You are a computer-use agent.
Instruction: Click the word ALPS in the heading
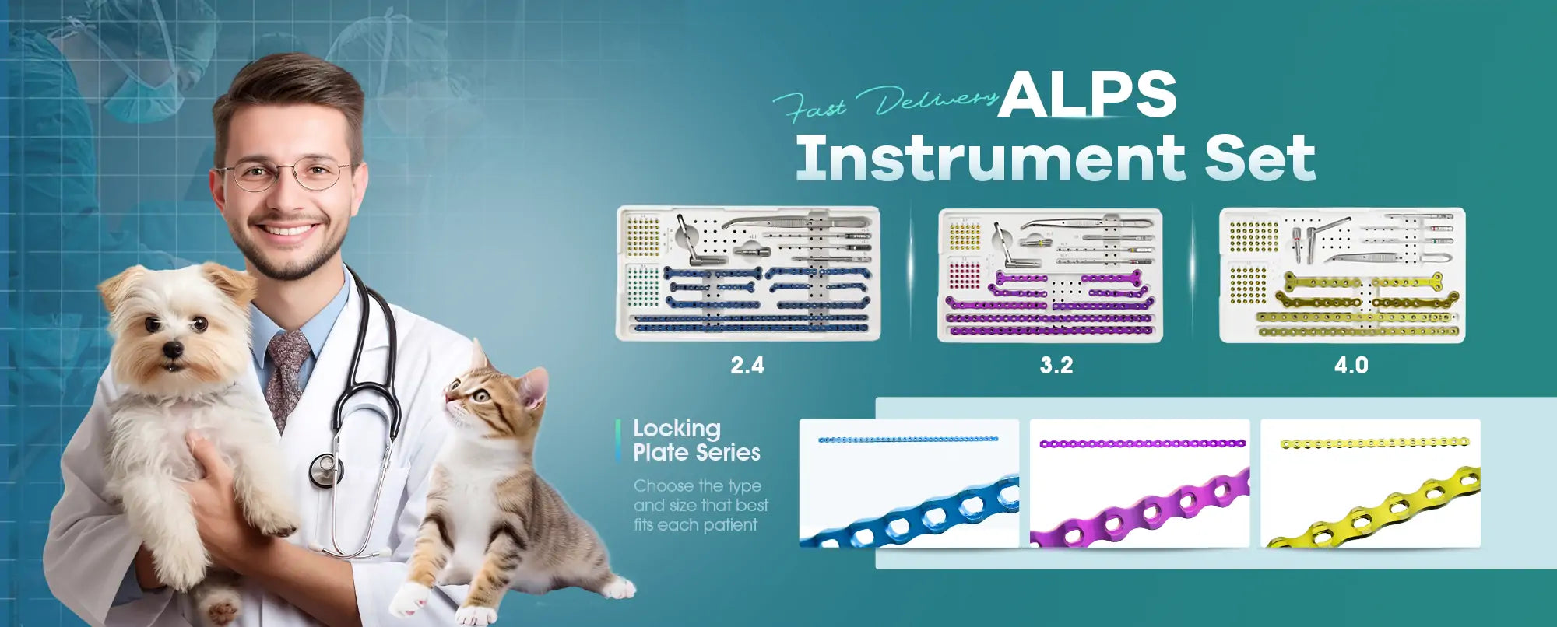(x=1088, y=95)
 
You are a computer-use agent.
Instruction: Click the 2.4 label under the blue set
(x=747, y=365)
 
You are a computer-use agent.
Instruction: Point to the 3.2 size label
(x=1056, y=365)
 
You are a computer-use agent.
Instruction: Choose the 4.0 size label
(x=1351, y=365)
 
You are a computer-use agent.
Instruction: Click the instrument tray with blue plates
(x=749, y=273)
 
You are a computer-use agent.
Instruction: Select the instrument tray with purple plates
(x=1050, y=275)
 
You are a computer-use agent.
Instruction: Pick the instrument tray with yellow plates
(x=1342, y=275)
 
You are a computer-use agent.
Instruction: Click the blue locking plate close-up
(x=909, y=483)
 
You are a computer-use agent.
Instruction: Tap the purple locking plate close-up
(x=1140, y=483)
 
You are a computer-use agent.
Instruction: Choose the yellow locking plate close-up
(x=1370, y=483)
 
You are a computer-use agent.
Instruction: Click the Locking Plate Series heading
(x=696, y=440)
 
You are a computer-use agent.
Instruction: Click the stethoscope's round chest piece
(x=325, y=470)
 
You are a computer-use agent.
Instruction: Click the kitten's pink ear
(x=534, y=387)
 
